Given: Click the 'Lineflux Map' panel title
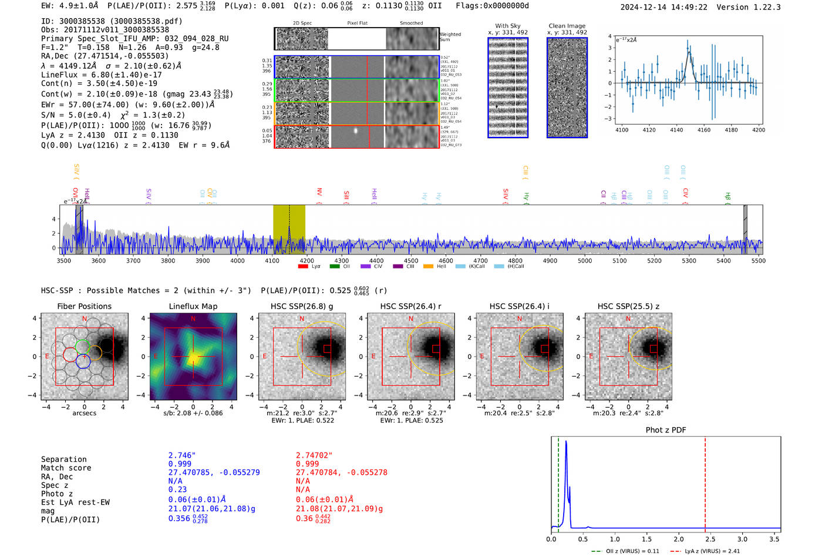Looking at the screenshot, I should [x=193, y=306].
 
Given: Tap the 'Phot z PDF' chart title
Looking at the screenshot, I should [x=666, y=430].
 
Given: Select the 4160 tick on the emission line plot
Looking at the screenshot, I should [x=703, y=130].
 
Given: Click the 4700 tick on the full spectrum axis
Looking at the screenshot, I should [x=480, y=261].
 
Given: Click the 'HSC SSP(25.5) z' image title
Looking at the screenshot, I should [x=628, y=306].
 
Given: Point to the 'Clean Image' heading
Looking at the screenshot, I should [x=567, y=26].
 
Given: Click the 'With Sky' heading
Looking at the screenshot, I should [x=508, y=26].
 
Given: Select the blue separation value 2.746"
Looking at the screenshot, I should [x=182, y=455].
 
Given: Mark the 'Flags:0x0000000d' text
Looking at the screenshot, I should [x=492, y=6].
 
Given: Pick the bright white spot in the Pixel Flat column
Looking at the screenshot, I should [x=356, y=131].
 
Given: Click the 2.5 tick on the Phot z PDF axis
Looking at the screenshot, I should [x=710, y=539].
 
